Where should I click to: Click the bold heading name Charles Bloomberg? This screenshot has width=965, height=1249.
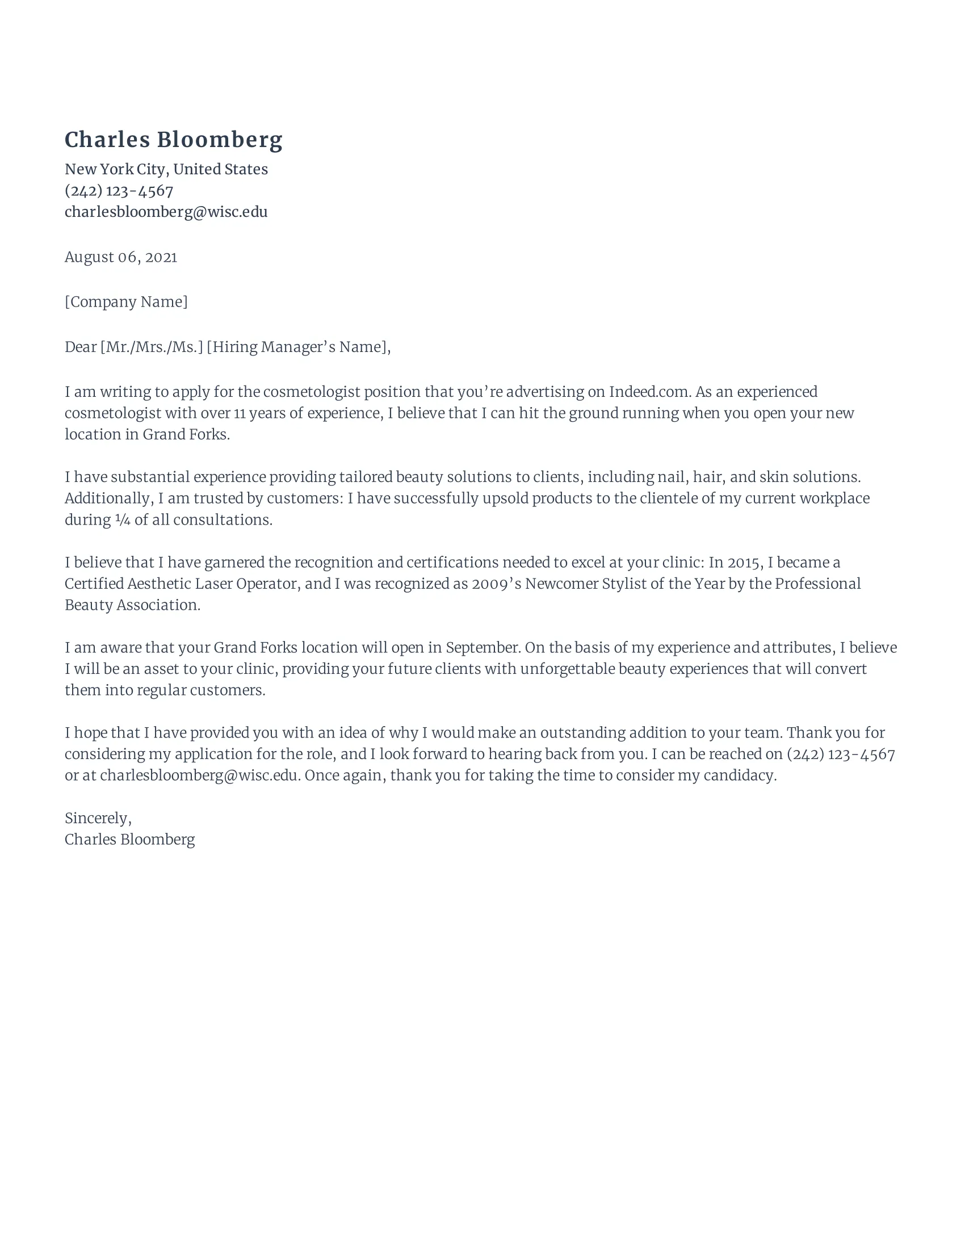coord(173,140)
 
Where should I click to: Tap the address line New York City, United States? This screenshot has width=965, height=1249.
coord(166,169)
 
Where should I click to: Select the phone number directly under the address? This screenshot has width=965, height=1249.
coord(119,190)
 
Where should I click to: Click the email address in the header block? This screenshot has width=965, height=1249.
coord(166,212)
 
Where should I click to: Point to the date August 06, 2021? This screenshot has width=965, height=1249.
coord(120,257)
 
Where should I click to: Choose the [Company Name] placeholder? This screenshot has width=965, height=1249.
coord(126,302)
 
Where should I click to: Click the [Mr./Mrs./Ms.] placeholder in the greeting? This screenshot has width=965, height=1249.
coord(152,347)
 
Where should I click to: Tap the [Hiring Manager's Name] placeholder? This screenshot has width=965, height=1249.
coord(298,347)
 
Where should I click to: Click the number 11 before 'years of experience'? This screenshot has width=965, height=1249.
coord(240,413)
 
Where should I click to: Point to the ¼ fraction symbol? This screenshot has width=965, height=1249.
coord(123,520)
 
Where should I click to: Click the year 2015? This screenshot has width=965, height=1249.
coord(744,563)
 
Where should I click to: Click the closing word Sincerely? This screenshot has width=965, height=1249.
coord(96,818)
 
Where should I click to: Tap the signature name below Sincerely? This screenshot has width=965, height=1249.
coord(130,840)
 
